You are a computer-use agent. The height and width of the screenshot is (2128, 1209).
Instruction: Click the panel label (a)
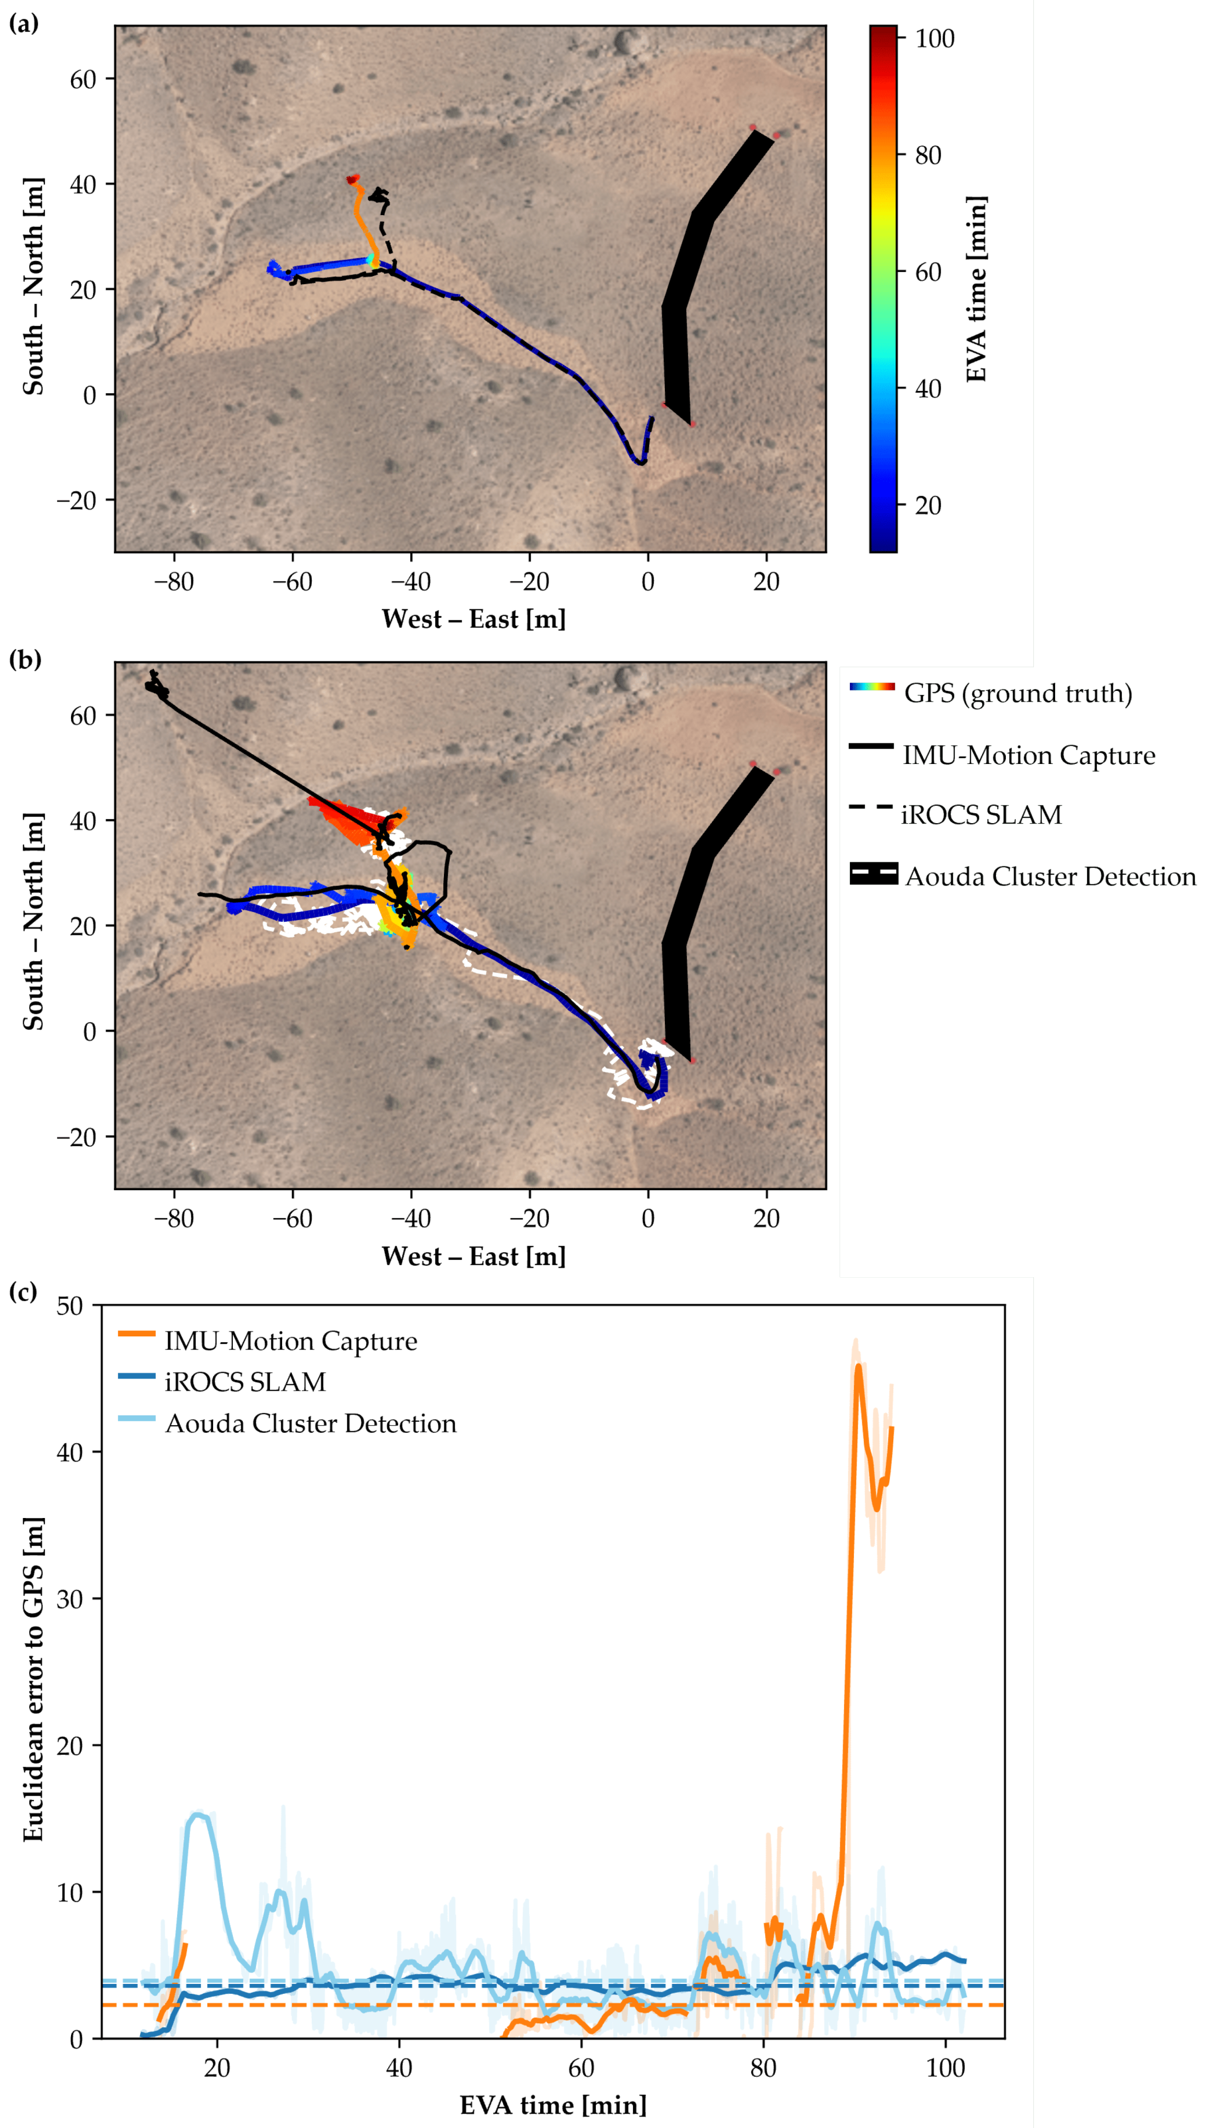[x=23, y=23]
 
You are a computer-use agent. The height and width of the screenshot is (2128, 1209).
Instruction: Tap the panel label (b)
[x=23, y=660]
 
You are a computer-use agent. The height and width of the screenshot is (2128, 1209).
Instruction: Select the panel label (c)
[x=23, y=1292]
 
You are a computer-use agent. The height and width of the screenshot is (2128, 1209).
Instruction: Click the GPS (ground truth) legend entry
[x=1017, y=693]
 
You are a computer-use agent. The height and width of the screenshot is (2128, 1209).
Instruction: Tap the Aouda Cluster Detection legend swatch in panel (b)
[x=874, y=874]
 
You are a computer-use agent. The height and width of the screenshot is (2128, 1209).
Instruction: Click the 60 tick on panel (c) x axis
[x=581, y=2067]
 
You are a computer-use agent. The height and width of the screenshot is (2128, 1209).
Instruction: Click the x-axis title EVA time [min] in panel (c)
[x=553, y=2106]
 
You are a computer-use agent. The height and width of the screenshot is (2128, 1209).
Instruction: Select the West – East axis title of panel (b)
[x=474, y=1256]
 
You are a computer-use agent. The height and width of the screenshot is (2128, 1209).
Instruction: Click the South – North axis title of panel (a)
[x=33, y=287]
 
